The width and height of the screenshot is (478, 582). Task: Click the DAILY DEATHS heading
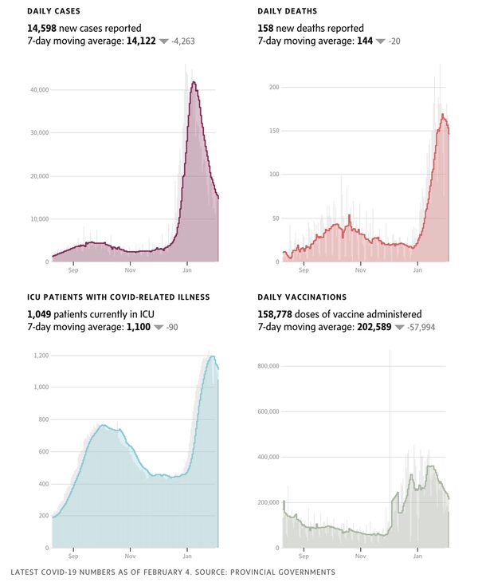coord(287,11)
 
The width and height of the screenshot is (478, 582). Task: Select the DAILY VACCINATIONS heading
coord(302,297)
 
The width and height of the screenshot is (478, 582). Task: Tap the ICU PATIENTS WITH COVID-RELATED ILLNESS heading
coord(119,297)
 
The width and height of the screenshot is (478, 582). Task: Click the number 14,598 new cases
coord(41,28)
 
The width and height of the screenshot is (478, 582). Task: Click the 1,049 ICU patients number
coord(41,314)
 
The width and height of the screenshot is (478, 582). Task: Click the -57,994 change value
coord(419,327)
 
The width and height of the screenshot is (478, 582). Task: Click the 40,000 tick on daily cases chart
coord(38,90)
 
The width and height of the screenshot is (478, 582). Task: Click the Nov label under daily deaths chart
coord(361,270)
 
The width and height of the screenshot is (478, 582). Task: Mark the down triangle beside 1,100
coord(159,328)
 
